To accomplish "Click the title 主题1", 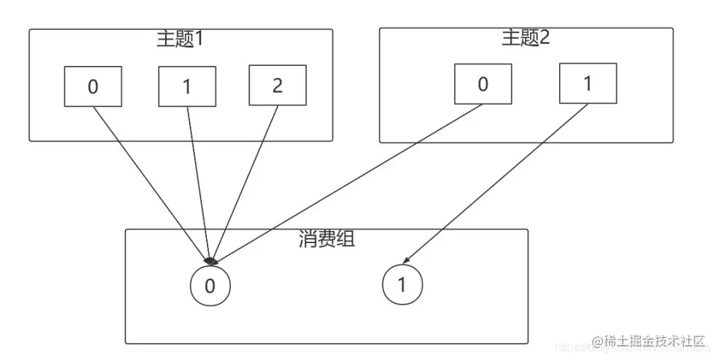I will (180, 39).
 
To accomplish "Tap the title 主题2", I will (526, 38).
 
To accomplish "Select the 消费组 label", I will (327, 239).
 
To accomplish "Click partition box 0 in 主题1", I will (93, 86).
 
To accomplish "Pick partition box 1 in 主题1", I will (187, 86).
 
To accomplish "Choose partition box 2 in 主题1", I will (277, 85).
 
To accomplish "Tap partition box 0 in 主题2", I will (482, 84).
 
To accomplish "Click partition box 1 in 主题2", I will (587, 83).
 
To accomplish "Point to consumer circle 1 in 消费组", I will (402, 285).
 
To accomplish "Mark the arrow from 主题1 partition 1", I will (198, 184).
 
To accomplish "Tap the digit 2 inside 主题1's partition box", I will (277, 86).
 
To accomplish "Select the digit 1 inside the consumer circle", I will (402, 286).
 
